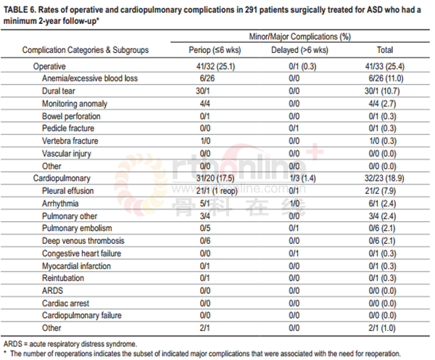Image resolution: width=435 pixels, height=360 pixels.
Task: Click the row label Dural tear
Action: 59,91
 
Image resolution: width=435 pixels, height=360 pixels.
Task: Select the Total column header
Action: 385,50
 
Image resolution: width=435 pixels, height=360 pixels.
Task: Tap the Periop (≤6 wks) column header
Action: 215,50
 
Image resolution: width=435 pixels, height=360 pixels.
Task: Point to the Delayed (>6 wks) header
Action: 299,50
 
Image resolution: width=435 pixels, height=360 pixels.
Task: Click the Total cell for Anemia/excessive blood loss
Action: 386,78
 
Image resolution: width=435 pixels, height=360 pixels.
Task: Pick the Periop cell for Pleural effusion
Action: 217,191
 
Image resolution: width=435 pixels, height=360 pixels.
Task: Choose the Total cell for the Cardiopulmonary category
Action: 384,178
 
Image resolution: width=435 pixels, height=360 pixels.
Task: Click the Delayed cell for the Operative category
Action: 302,66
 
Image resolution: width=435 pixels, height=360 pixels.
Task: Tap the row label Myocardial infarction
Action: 76,266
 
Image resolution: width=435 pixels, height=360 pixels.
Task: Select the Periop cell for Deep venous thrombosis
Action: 205,241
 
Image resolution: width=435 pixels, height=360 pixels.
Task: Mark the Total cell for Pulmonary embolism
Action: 382,228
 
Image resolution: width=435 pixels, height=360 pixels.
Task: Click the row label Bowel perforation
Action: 71,116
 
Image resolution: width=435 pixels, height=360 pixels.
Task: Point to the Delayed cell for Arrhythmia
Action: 294,204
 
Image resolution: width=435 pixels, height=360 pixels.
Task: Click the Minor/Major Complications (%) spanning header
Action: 300,37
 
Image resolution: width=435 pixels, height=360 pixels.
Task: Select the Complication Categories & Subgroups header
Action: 86,50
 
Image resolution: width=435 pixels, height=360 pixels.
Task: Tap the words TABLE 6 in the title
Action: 20,10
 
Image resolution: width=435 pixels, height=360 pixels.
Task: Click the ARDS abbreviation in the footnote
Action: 12,344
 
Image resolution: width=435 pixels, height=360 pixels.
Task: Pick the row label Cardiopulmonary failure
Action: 82,315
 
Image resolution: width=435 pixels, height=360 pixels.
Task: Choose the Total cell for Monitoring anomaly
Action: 382,104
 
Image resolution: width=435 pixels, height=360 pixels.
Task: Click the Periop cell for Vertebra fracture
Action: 205,141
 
